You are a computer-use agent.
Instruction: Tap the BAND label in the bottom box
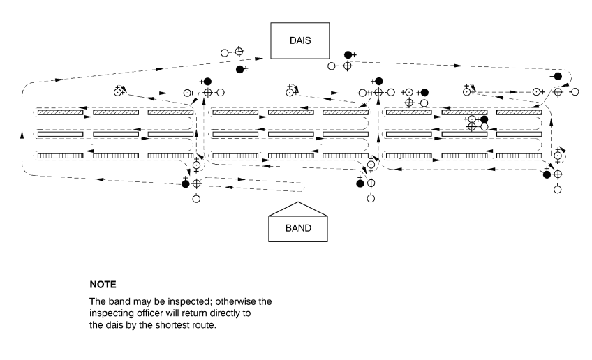(x=298, y=227)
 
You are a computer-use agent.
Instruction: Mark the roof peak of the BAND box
(x=298, y=203)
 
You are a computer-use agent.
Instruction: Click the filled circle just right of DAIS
(x=348, y=54)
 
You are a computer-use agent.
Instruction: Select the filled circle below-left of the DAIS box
(x=239, y=70)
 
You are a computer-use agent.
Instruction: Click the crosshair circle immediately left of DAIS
(x=238, y=52)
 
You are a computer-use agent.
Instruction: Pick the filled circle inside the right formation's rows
(x=484, y=119)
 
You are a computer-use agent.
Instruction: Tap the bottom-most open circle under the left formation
(x=196, y=199)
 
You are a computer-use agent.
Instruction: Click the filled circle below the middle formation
(x=360, y=183)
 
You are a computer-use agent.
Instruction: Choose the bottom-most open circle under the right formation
(x=557, y=190)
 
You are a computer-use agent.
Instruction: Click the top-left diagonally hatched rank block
(x=60, y=112)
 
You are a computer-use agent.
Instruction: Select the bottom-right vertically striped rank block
(x=519, y=156)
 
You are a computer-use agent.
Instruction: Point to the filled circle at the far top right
(x=557, y=76)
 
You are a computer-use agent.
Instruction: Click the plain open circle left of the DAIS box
(x=225, y=52)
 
